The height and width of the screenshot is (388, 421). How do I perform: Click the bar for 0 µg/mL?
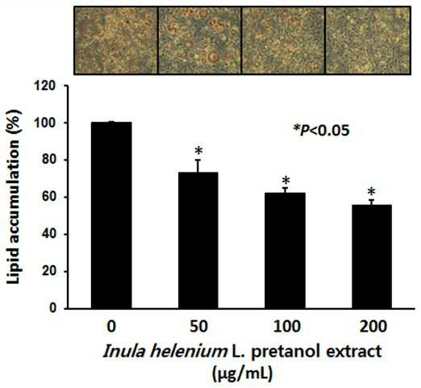point(111,215)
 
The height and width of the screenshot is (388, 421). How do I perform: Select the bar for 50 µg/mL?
point(198,240)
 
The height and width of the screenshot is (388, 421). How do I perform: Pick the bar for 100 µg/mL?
point(286,251)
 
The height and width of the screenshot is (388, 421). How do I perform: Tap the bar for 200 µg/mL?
point(372,257)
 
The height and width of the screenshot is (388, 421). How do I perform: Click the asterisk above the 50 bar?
point(198,151)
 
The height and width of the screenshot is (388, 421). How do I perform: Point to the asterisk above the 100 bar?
point(286,180)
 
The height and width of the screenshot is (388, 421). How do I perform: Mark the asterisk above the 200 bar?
point(372,192)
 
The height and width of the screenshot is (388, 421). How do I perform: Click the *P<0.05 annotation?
point(322,131)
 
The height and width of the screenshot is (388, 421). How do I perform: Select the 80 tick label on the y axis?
point(50,161)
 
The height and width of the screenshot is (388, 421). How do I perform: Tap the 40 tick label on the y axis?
point(50,235)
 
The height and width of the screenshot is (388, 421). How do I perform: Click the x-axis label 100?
point(286,327)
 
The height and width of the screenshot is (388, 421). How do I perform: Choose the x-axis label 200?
point(373,327)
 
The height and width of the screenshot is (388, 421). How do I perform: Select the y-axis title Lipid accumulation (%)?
point(14,196)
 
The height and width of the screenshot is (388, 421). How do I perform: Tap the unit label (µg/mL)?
point(243,374)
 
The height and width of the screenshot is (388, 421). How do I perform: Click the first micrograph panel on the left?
point(115,40)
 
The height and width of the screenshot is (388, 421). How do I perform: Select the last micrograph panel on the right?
point(368,40)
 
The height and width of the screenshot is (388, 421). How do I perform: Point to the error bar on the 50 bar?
point(198,166)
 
